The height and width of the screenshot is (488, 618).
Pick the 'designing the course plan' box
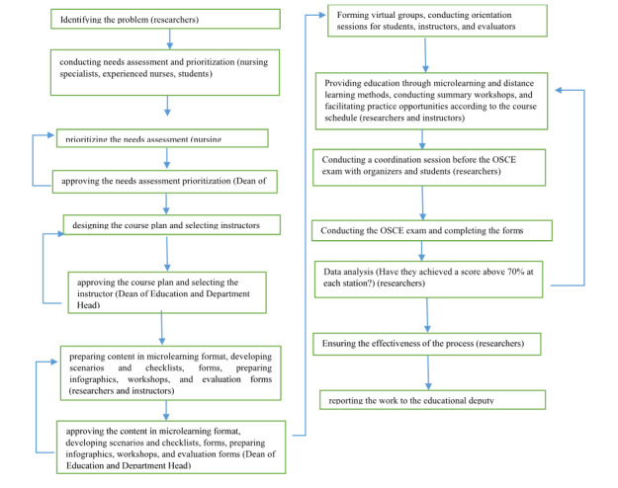[164, 225]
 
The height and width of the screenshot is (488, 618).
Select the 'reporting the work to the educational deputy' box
[432, 399]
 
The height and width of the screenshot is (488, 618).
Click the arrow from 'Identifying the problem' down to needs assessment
[171, 39]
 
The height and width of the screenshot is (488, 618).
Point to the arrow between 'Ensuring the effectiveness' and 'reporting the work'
[428, 371]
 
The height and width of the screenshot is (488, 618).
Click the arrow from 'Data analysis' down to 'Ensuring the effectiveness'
[428, 314]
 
